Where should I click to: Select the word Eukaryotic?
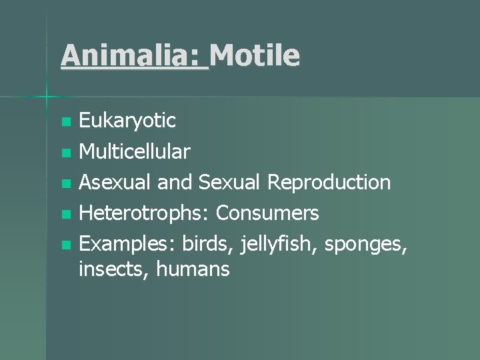[127, 121]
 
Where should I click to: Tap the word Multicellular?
[135, 152]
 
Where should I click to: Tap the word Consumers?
[268, 213]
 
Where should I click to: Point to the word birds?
[203, 244]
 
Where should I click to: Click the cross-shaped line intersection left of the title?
[47, 97]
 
